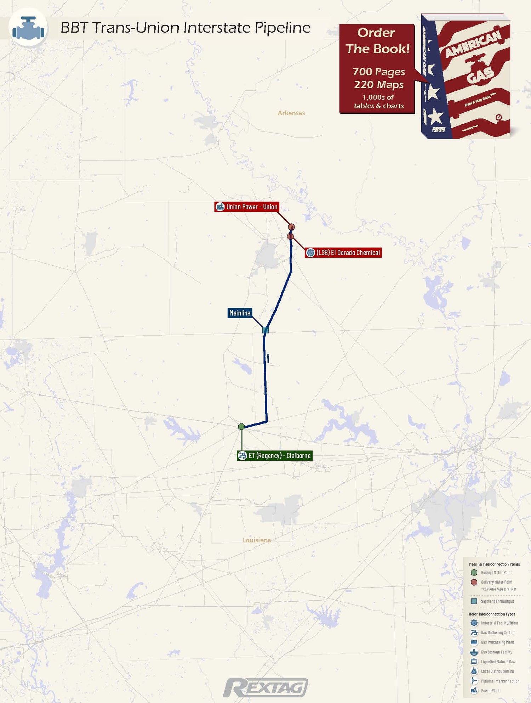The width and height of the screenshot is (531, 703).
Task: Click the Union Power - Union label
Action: [x=247, y=207]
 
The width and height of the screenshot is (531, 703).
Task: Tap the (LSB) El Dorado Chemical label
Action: [x=343, y=253]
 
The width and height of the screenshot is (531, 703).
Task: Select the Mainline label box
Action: [x=240, y=313]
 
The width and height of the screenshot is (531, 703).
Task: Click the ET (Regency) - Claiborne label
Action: [x=274, y=456]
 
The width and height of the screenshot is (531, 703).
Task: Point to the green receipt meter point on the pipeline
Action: [x=241, y=427]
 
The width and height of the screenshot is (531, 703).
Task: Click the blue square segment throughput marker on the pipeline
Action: [x=265, y=330]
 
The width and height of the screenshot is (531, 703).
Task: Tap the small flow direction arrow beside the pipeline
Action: [x=268, y=358]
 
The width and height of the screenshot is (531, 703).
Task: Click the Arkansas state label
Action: [x=291, y=113]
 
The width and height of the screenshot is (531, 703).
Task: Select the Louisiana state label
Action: [x=257, y=540]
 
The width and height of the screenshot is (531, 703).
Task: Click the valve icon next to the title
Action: [x=28, y=28]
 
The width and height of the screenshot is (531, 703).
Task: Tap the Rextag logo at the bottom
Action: [x=265, y=688]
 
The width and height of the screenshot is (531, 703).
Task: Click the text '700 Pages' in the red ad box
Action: [x=378, y=72]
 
